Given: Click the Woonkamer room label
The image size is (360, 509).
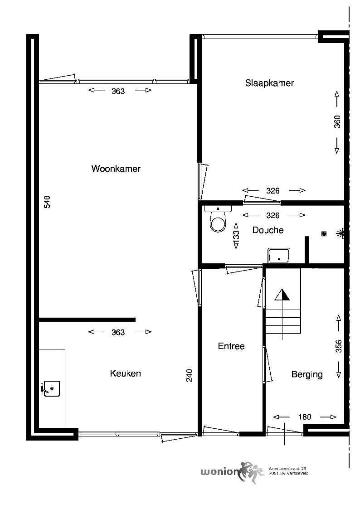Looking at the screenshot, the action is pyautogui.click(x=116, y=169).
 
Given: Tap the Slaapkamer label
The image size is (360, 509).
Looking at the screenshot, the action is pyautogui.click(x=269, y=83).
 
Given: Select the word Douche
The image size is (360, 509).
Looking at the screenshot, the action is pyautogui.click(x=268, y=230).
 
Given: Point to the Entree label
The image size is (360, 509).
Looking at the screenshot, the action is pyautogui.click(x=231, y=346).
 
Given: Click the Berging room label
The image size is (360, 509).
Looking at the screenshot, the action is pyautogui.click(x=307, y=374).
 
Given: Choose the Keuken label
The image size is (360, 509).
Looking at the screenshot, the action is pyautogui.click(x=125, y=373).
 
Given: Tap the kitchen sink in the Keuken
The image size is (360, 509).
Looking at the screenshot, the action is pyautogui.click(x=50, y=388).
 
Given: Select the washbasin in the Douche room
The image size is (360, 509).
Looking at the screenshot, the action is pyautogui.click(x=279, y=256).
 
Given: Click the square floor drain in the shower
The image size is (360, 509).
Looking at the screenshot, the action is pyautogui.click(x=324, y=234).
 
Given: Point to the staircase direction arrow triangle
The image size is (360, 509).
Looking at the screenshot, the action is pyautogui.click(x=282, y=295).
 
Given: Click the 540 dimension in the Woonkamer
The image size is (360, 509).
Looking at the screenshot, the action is pyautogui.click(x=47, y=202).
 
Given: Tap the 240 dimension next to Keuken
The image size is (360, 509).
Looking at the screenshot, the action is pyautogui.click(x=189, y=375).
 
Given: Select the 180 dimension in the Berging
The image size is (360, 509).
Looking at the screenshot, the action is pyautogui.click(x=305, y=417).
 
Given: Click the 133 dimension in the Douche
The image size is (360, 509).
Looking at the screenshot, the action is pyautogui.click(x=236, y=235).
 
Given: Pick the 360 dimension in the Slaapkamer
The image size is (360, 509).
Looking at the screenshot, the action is pyautogui.click(x=337, y=122).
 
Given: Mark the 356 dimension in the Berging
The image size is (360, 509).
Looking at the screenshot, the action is pyautogui.click(x=339, y=346).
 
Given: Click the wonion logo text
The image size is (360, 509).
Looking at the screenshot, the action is pyautogui.click(x=220, y=472).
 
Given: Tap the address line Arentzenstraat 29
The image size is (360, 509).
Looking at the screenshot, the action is pyautogui.click(x=287, y=469).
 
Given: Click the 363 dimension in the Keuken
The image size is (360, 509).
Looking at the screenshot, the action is pyautogui.click(x=118, y=332).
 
